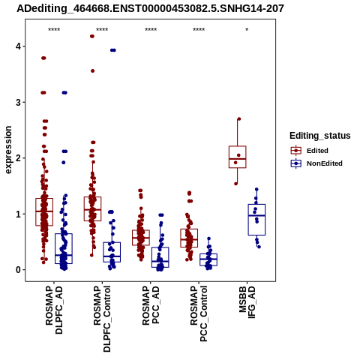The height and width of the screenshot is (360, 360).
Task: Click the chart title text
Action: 150,9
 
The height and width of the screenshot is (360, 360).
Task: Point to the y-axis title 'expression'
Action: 8,150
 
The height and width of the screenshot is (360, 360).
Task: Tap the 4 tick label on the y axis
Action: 18,46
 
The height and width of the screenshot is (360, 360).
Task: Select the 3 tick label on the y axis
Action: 18,102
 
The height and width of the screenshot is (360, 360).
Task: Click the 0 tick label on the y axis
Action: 18,270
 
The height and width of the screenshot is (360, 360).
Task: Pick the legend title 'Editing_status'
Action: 320,136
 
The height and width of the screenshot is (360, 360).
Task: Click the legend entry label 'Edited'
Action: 317,151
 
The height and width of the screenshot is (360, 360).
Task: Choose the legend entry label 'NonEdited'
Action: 325,163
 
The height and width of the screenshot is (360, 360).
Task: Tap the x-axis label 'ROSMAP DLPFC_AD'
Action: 54,310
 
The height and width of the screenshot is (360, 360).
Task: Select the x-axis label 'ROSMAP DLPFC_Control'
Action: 102,319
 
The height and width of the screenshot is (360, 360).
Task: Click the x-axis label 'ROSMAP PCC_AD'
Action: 151,305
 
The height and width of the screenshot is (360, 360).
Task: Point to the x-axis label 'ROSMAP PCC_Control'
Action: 199,313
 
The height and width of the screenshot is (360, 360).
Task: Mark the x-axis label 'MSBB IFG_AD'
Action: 247,302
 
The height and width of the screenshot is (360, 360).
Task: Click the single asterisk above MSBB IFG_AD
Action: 247,30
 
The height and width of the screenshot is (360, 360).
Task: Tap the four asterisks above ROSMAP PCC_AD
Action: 151,30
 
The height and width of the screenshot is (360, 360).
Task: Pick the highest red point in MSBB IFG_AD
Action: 239,119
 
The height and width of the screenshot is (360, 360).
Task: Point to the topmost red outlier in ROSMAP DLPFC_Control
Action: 92,36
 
